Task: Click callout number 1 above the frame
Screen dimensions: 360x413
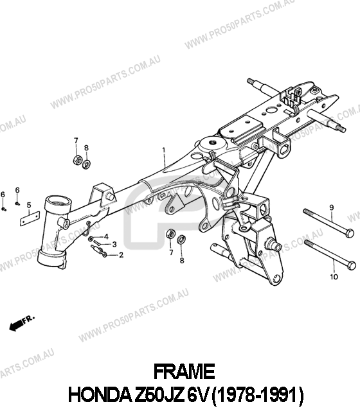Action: pyautogui.click(x=164, y=150)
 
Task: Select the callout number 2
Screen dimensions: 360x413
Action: pyautogui.click(x=121, y=255)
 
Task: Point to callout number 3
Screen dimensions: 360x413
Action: pyautogui.click(x=114, y=245)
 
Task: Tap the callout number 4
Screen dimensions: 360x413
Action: pyautogui.click(x=106, y=236)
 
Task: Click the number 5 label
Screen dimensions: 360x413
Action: pyautogui.click(x=29, y=205)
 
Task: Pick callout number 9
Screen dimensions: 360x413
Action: pyautogui.click(x=332, y=207)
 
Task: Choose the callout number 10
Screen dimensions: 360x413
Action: pyautogui.click(x=334, y=277)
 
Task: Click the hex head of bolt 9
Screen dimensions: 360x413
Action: pyautogui.click(x=350, y=233)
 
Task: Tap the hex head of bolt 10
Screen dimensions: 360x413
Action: pyautogui.click(x=351, y=265)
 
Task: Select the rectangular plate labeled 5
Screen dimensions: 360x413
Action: pyautogui.click(x=30, y=218)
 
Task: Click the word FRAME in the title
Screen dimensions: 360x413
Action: pyautogui.click(x=184, y=372)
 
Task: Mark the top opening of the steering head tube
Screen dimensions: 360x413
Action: pyautogui.click(x=59, y=202)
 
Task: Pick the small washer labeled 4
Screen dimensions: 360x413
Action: pyautogui.click(x=91, y=239)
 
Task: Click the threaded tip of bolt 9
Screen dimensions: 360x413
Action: pyautogui.click(x=306, y=211)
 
